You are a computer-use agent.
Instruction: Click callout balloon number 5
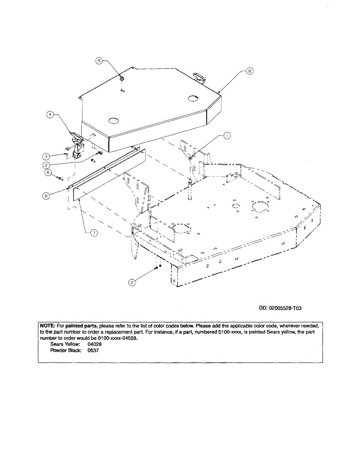pyautogui.click(x=99, y=61)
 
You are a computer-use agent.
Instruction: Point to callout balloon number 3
pyautogui.click(x=46, y=156)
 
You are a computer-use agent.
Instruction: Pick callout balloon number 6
pyautogui.click(x=48, y=173)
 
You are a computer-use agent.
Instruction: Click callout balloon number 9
pyautogui.click(x=46, y=196)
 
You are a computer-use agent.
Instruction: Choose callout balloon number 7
pyautogui.click(x=93, y=233)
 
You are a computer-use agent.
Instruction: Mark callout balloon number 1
pyautogui.click(x=227, y=135)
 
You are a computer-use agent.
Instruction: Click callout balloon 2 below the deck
pyautogui.click(x=132, y=283)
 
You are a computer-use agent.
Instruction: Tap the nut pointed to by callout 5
pyautogui.click(x=122, y=79)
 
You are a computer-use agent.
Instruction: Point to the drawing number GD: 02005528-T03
pyautogui.click(x=280, y=308)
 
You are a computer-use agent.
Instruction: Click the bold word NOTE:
pyautogui.click(x=48, y=326)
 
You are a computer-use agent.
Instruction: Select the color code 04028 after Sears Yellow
pyautogui.click(x=95, y=344)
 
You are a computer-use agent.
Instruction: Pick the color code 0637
pyautogui.click(x=93, y=350)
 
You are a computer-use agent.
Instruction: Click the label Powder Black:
pyautogui.click(x=66, y=350)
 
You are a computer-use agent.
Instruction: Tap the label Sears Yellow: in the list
pyautogui.click(x=65, y=344)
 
